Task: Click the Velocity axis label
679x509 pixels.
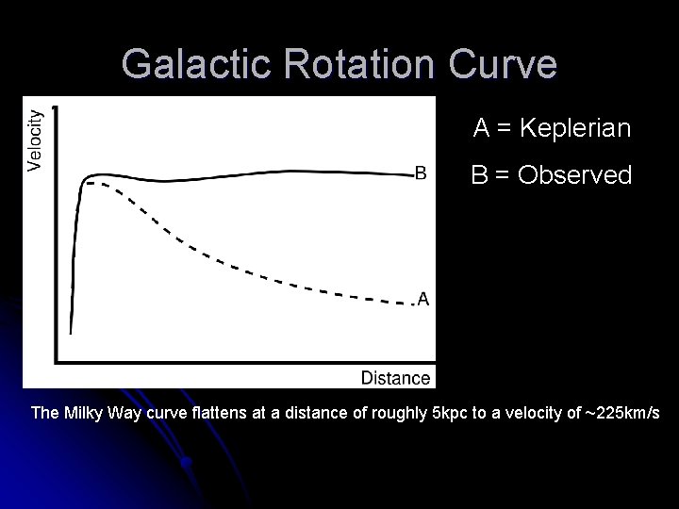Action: [35, 140]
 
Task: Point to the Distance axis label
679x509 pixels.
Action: [395, 377]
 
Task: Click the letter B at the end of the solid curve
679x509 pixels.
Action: [421, 172]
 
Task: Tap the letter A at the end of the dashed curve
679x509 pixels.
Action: [423, 299]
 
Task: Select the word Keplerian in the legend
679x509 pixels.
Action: [576, 128]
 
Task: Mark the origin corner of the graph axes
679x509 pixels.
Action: [57, 360]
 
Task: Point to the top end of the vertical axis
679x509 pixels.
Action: [57, 107]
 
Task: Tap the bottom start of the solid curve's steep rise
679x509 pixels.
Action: [71, 332]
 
